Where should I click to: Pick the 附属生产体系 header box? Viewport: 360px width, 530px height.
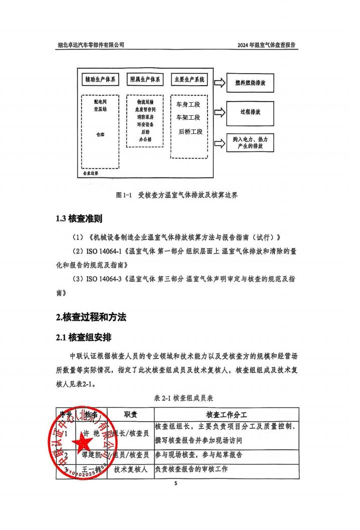(145, 80)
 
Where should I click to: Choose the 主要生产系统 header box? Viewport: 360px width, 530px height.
(189, 80)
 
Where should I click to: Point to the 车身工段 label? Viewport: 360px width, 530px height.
(188, 105)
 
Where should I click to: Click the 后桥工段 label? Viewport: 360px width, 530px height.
(191, 132)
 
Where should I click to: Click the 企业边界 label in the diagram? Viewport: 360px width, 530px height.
(91, 173)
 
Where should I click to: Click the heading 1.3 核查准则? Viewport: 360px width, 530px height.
(80, 219)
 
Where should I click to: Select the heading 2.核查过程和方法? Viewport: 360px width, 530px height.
(91, 317)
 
